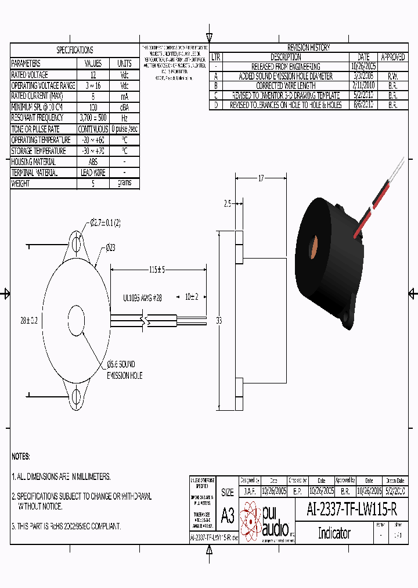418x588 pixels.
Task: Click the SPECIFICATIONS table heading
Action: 75,50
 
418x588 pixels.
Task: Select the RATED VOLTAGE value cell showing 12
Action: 93,75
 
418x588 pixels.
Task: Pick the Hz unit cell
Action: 124,118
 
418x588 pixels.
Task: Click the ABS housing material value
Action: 93,162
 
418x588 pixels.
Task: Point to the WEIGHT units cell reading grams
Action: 124,184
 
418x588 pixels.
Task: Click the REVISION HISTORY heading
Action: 308,48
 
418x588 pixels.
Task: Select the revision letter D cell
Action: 215,105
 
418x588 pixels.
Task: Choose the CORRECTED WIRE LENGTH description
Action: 286,86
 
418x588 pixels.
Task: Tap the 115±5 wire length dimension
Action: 157,270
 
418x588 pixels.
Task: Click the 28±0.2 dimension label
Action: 28,321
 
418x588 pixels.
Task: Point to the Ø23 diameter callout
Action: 110,248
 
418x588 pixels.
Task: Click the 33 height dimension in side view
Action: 219,320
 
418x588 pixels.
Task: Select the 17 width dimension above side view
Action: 261,178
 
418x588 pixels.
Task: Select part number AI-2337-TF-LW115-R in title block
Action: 352,510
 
